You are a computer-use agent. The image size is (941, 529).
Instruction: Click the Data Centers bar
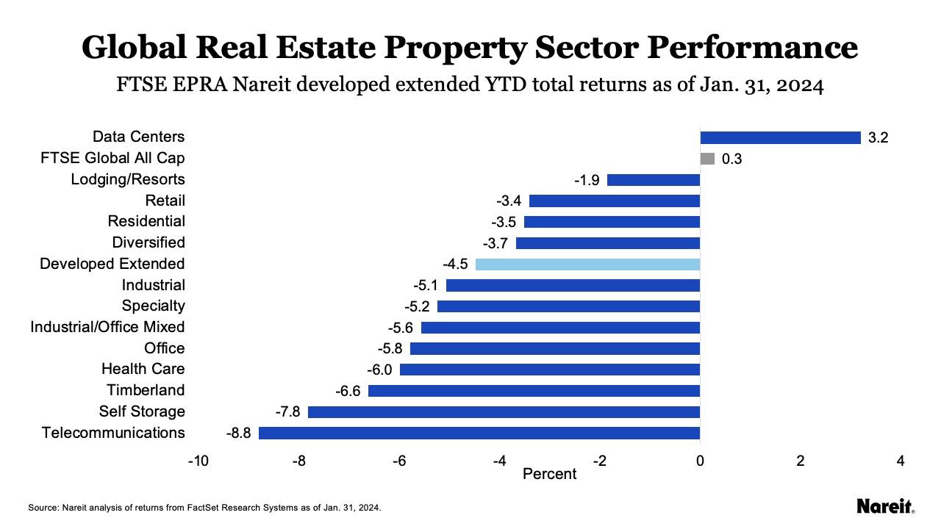780,137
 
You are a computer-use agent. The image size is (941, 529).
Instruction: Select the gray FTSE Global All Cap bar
707,159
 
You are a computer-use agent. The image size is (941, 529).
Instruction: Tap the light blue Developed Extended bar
587,264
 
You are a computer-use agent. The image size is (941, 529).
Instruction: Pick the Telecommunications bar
479,433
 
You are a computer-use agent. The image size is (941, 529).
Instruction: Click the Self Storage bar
504,411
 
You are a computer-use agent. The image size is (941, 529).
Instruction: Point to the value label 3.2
879,138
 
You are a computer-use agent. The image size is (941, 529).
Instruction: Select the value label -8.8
238,433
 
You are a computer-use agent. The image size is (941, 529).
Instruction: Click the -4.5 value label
455,264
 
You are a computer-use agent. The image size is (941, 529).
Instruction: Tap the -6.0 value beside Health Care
379,370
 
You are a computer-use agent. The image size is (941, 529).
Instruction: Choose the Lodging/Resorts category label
128,179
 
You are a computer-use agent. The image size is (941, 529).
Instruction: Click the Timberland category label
146,390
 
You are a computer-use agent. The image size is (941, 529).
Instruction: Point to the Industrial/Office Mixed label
107,327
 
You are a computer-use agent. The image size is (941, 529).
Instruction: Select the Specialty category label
154,306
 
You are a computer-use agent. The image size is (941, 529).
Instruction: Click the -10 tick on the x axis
198,461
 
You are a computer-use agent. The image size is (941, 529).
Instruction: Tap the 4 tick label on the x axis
901,461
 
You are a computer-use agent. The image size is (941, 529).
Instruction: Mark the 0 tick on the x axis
700,461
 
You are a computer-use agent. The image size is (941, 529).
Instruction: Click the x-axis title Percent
549,475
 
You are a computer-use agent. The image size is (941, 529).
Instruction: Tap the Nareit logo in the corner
885,506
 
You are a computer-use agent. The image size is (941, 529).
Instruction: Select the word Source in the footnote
43,508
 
